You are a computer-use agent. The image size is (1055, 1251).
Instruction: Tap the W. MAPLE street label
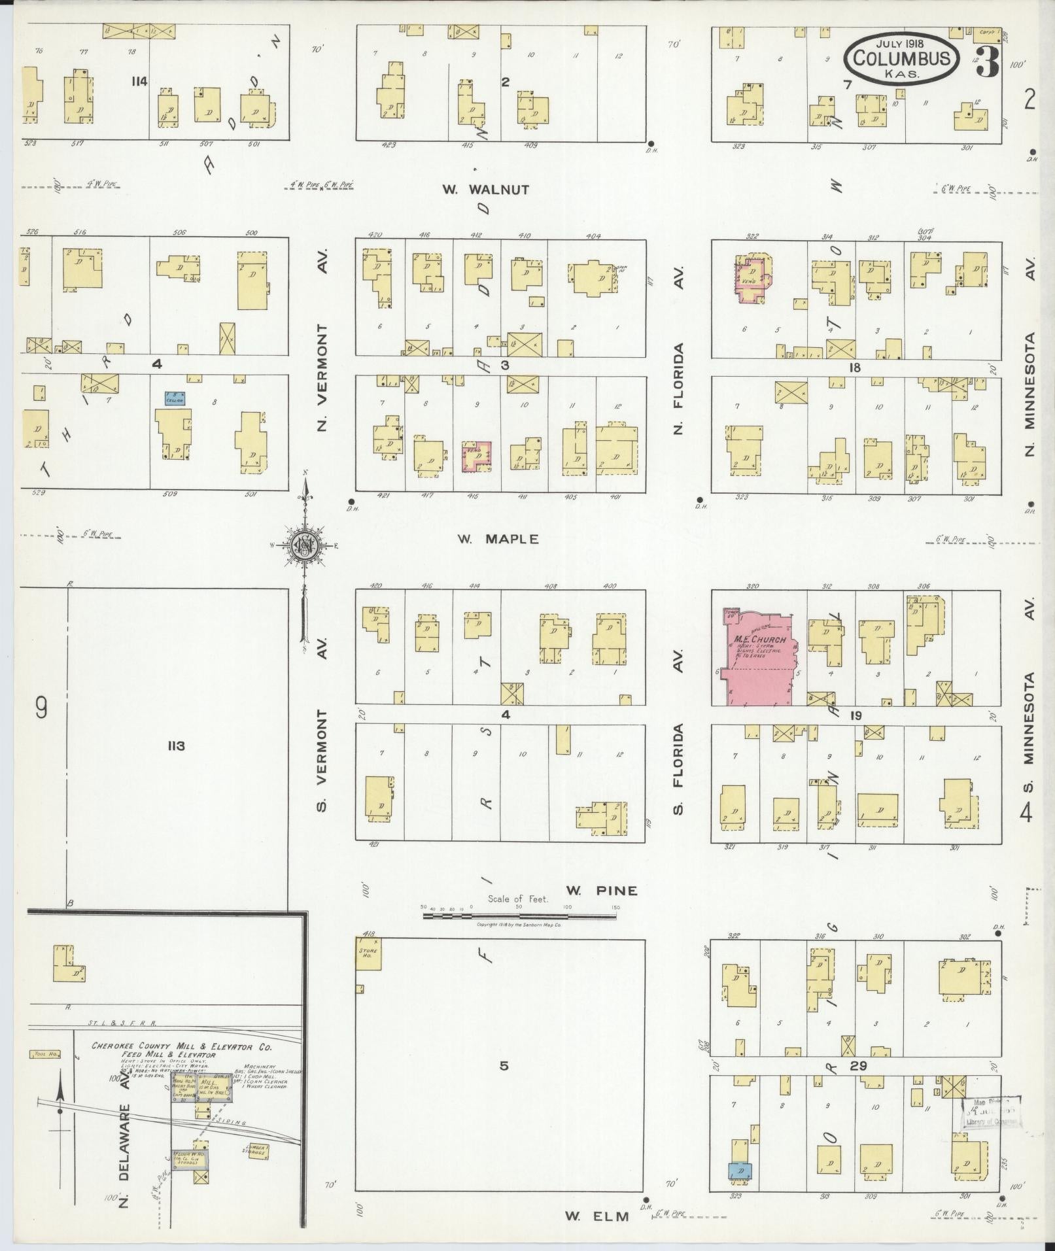pyautogui.click(x=498, y=539)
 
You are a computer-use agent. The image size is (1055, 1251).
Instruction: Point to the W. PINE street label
pyautogui.click(x=601, y=890)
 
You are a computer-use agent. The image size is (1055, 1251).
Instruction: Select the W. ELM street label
pyautogui.click(x=597, y=1216)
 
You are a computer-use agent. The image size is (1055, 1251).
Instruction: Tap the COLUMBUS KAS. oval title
pyautogui.click(x=902, y=59)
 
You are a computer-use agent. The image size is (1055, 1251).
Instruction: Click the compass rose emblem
pyautogui.click(x=305, y=544)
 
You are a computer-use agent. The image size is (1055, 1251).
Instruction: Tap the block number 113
pyautogui.click(x=176, y=745)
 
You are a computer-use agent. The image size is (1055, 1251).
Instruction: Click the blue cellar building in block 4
pyautogui.click(x=174, y=398)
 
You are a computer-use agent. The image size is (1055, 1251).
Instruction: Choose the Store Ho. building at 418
pyautogui.click(x=368, y=953)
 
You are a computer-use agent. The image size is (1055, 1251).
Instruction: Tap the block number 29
pyautogui.click(x=859, y=1066)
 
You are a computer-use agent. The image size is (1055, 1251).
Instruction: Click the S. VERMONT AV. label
pyautogui.click(x=322, y=759)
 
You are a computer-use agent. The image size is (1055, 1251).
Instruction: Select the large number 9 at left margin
pyautogui.click(x=41, y=708)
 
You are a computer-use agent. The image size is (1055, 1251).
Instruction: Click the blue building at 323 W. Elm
pyautogui.click(x=740, y=1171)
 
